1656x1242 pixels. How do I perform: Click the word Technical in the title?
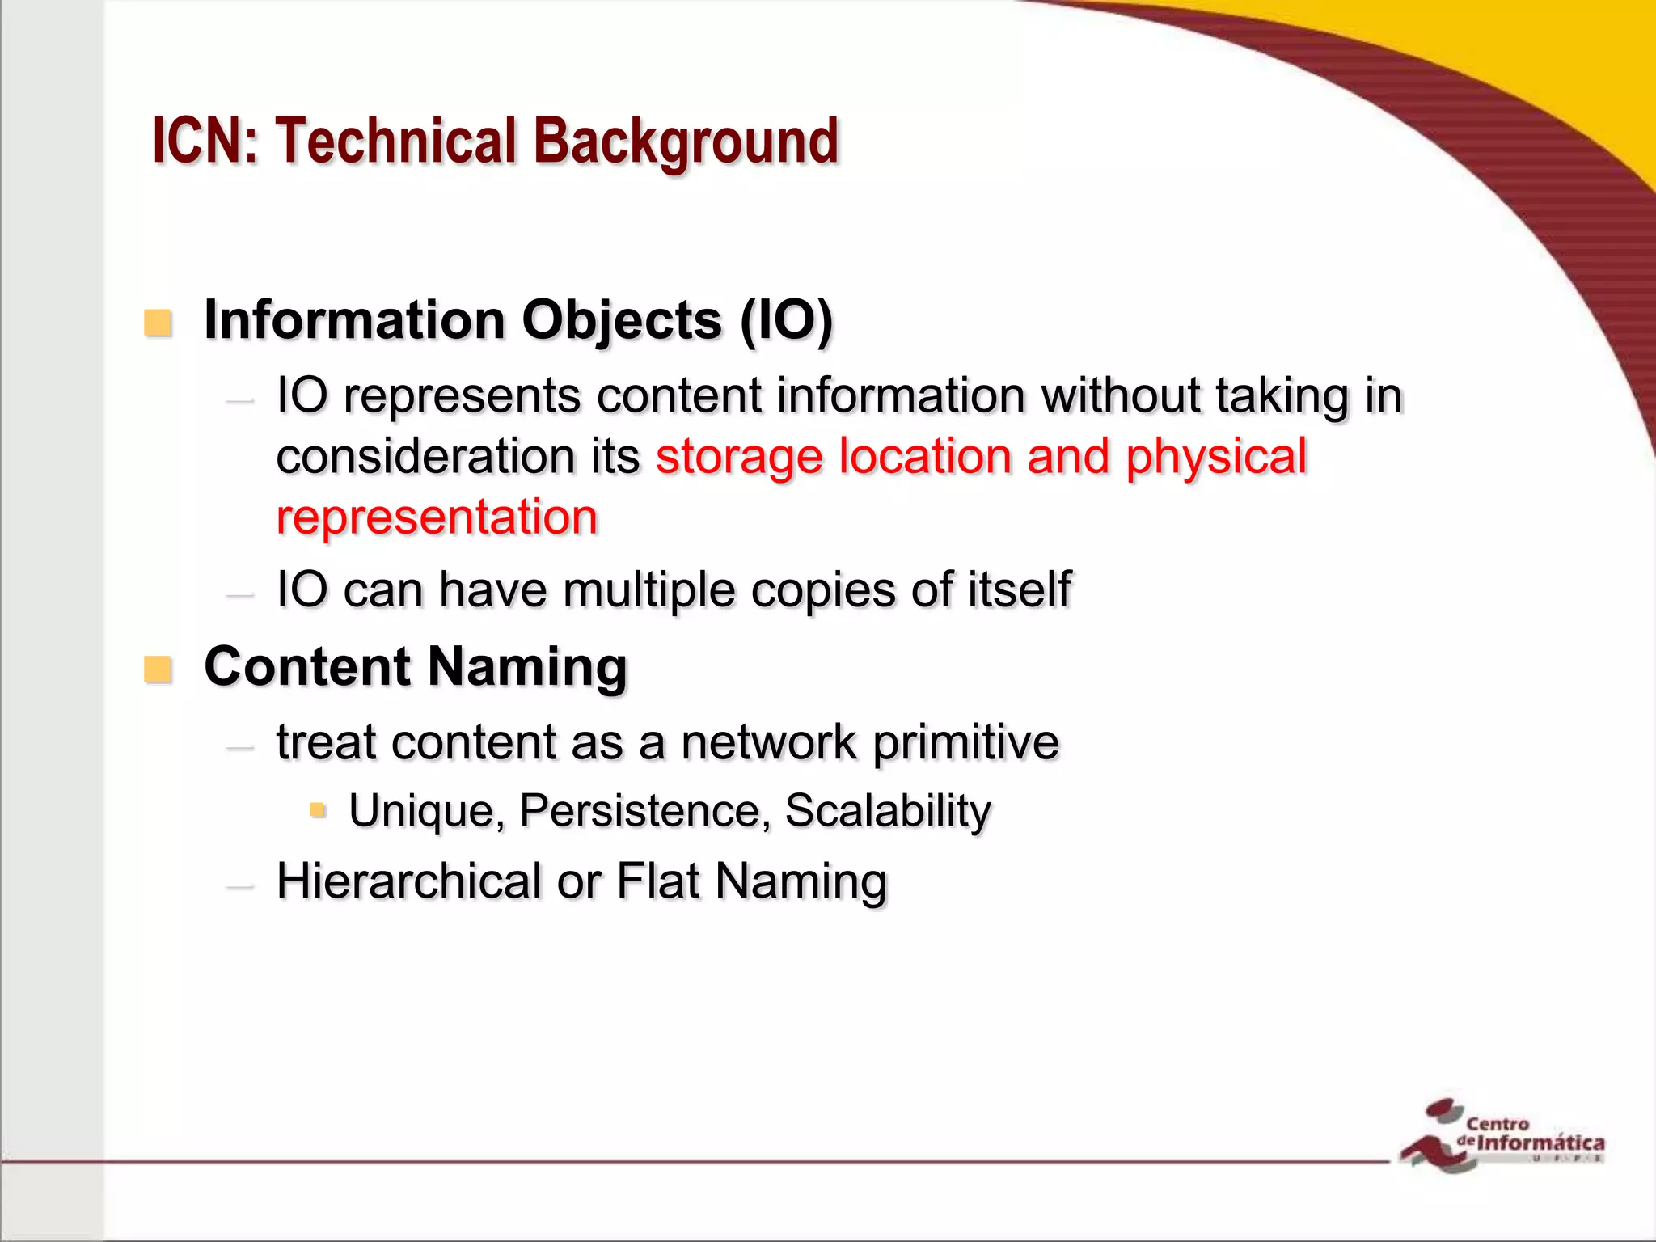tap(395, 141)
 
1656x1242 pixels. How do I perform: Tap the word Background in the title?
tap(686, 142)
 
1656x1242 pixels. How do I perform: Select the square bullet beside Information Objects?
tap(158, 323)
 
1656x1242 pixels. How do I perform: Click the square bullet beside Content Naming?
tap(158, 670)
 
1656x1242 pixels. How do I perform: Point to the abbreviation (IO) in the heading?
tap(786, 321)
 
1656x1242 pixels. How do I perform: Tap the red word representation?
tap(437, 517)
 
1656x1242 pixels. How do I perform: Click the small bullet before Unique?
tap(318, 809)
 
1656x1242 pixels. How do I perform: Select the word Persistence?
tap(644, 810)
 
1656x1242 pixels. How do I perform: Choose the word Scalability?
tap(888, 810)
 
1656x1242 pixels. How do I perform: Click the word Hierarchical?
tap(409, 881)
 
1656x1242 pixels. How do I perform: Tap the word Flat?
tap(657, 881)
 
